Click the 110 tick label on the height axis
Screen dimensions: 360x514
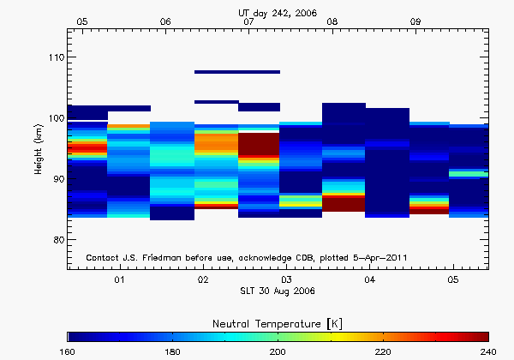click(x=53, y=57)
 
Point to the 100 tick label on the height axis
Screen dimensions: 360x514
click(x=53, y=118)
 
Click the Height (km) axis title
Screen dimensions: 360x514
click(x=39, y=148)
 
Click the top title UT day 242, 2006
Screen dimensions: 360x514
click(x=278, y=12)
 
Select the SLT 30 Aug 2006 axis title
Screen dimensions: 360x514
click(x=278, y=291)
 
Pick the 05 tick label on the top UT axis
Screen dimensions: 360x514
click(x=82, y=21)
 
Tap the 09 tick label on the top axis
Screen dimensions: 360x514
click(x=415, y=21)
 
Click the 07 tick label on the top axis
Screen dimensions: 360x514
click(x=248, y=21)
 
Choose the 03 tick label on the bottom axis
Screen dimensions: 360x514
click(x=286, y=280)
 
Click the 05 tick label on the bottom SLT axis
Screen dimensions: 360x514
click(x=452, y=280)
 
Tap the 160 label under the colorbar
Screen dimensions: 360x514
click(x=69, y=351)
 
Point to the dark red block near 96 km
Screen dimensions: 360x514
click(x=259, y=143)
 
